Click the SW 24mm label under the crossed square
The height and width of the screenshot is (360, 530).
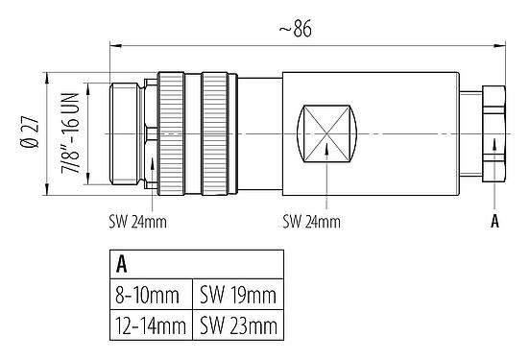coord(311,221)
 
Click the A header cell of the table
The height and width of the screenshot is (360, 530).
coord(123,265)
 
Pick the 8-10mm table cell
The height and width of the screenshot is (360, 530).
coord(147,294)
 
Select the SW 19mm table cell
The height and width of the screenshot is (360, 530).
coord(238,294)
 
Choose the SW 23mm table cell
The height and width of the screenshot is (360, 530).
coord(238,325)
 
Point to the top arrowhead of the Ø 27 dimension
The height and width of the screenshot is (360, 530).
coord(46,77)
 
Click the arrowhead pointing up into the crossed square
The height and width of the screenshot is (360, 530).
coord(326,147)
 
